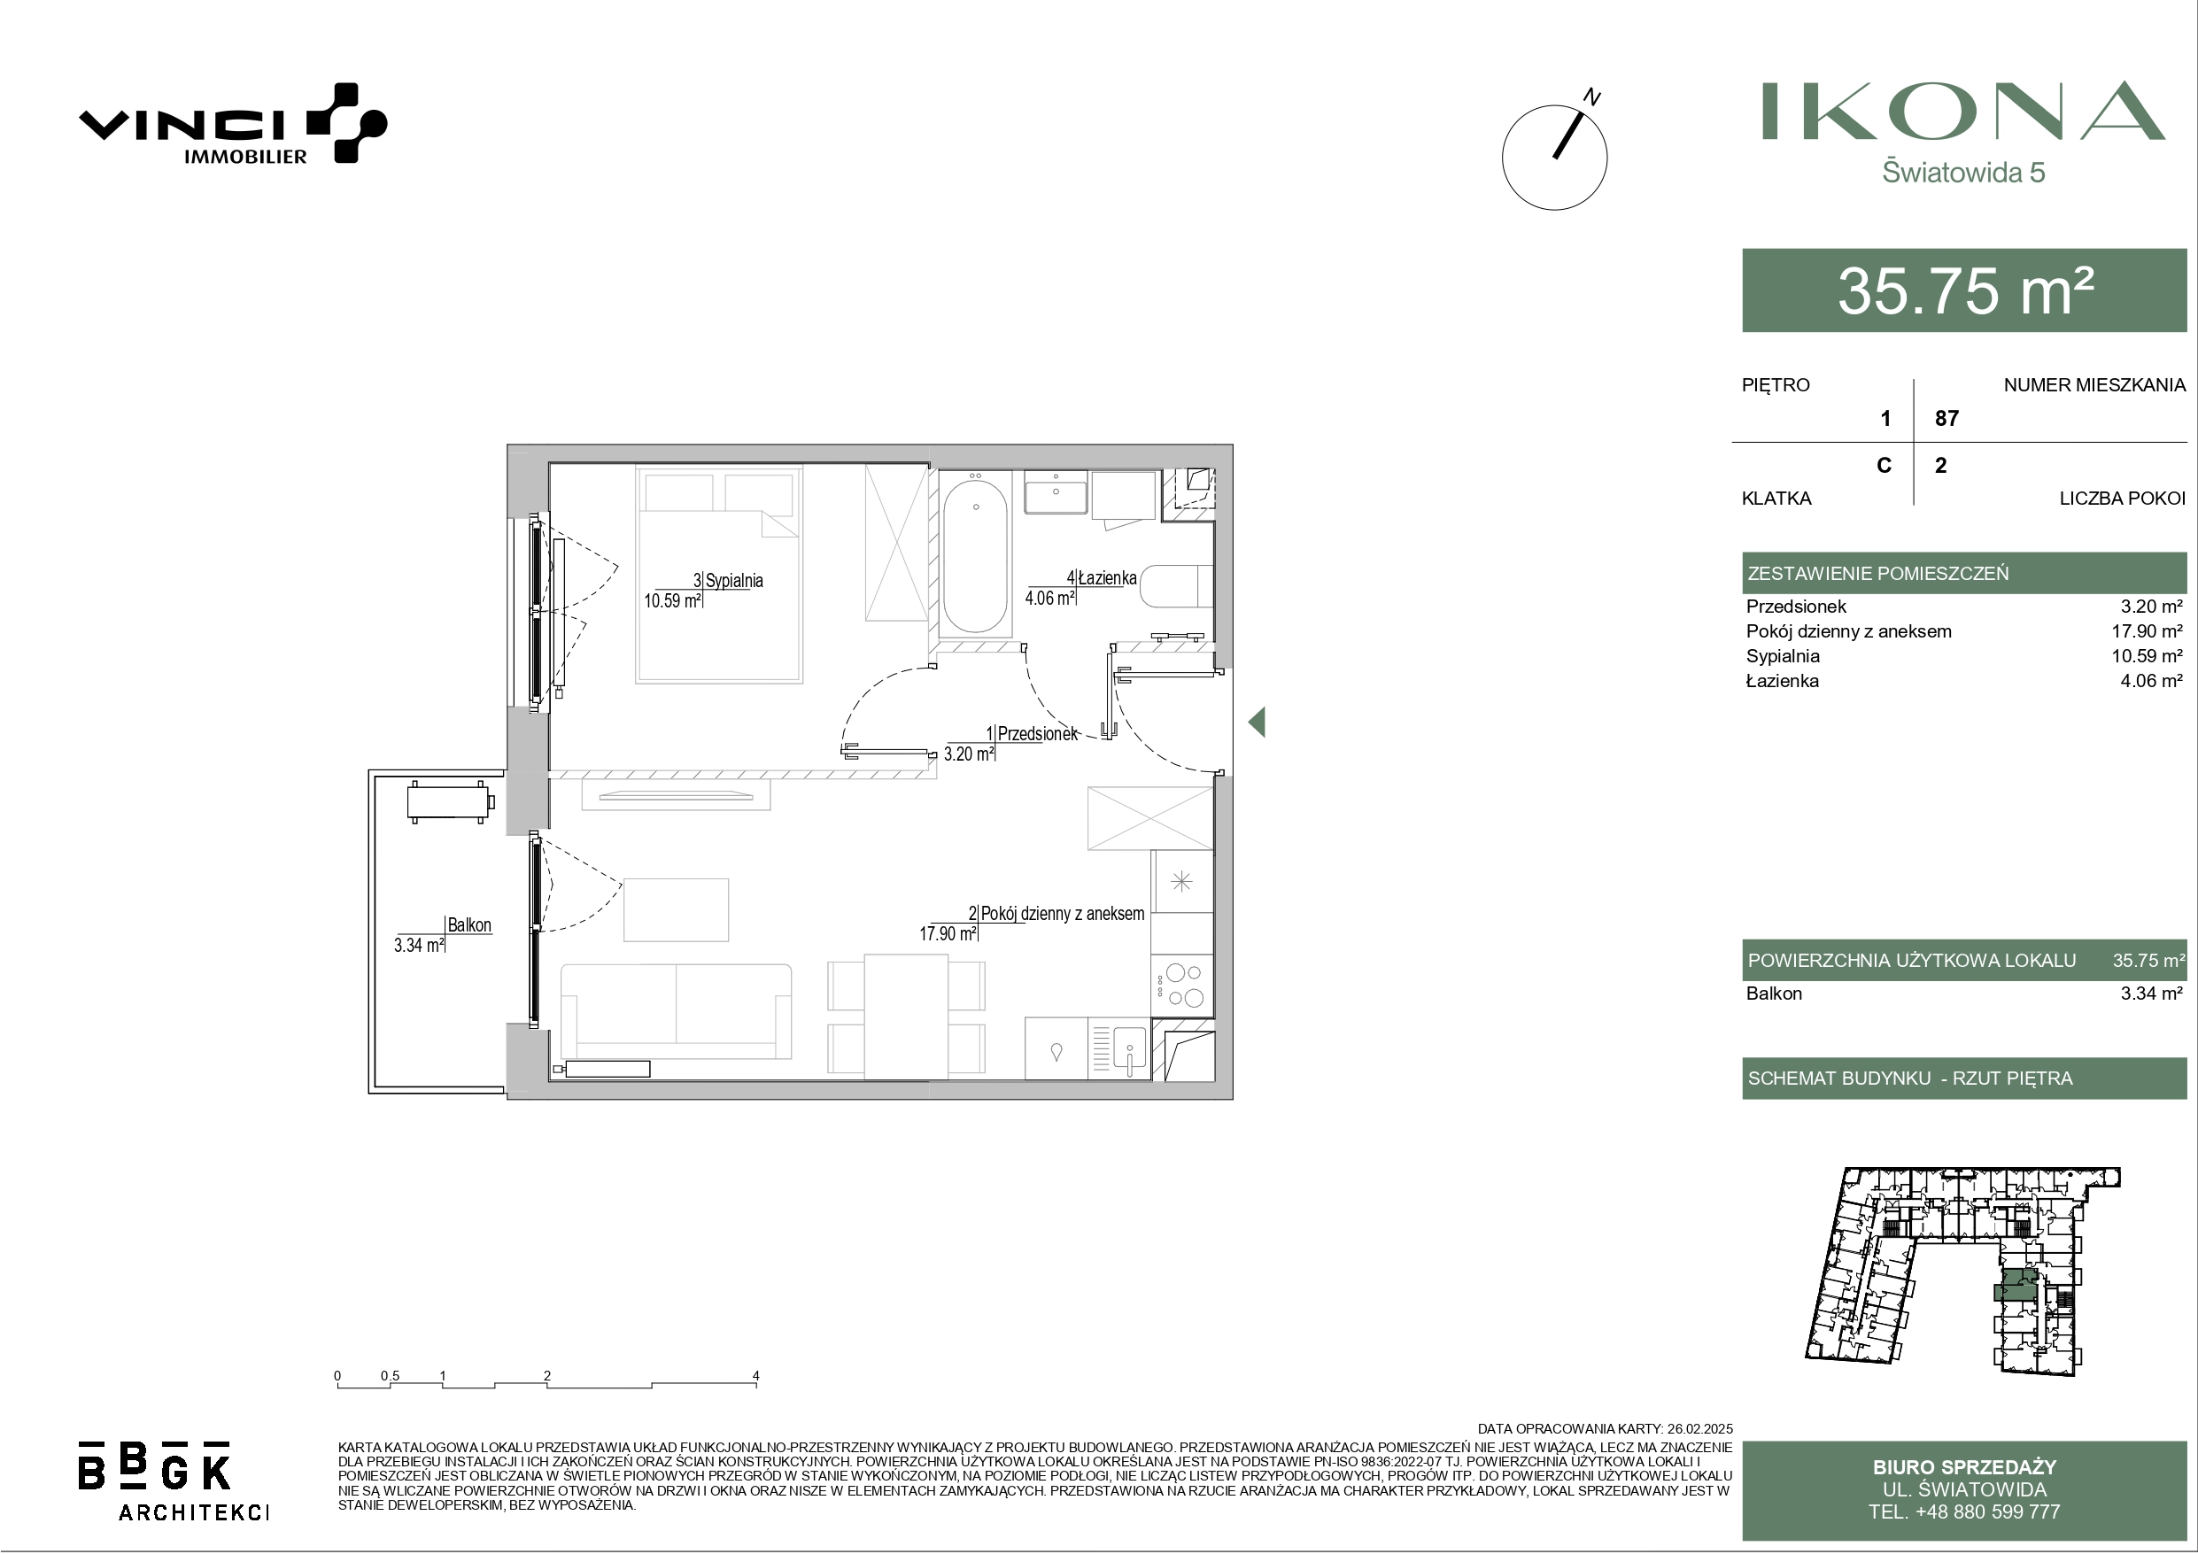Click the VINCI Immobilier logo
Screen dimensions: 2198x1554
[233, 123]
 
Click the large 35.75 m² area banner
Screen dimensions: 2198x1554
[1963, 290]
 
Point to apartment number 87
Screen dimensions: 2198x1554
[1946, 419]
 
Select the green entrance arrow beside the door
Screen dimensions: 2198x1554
[1257, 722]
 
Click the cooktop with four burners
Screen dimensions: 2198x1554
[1182, 986]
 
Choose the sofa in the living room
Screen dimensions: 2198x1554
[676, 1011]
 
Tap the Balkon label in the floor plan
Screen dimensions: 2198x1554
[469, 925]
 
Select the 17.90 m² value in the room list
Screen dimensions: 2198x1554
[2148, 631]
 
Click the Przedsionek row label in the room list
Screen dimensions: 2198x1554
[1796, 606]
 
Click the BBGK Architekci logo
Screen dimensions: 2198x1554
[174, 1481]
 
